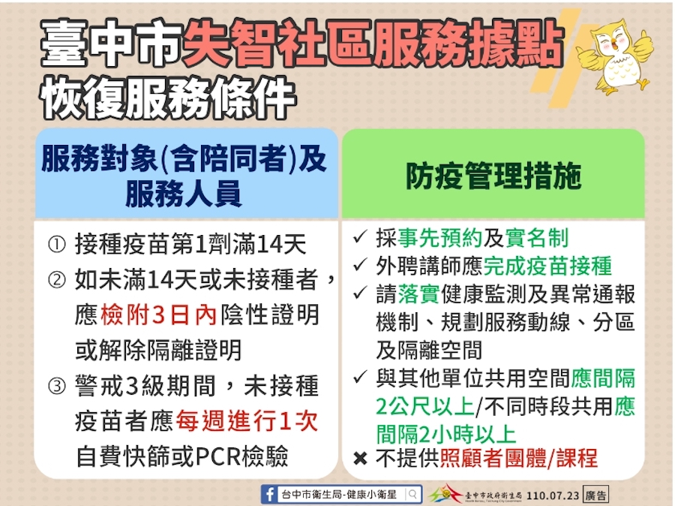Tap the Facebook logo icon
pos(269,494)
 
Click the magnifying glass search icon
pos(412,494)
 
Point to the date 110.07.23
pos(553,495)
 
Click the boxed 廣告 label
pos(595,495)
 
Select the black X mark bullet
pos(360,458)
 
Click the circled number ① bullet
pos(57,245)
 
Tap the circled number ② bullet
pos(57,280)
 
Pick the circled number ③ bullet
pos(57,386)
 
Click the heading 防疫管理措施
pos(493,176)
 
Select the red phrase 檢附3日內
pos(158,315)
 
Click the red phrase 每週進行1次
pos(247,421)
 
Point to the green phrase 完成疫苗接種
pos(547,266)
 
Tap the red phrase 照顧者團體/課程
pos(519,458)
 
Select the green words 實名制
pos(537,238)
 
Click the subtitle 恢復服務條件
pos(168,98)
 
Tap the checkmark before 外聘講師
pos(360,264)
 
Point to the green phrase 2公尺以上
pos(425,406)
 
